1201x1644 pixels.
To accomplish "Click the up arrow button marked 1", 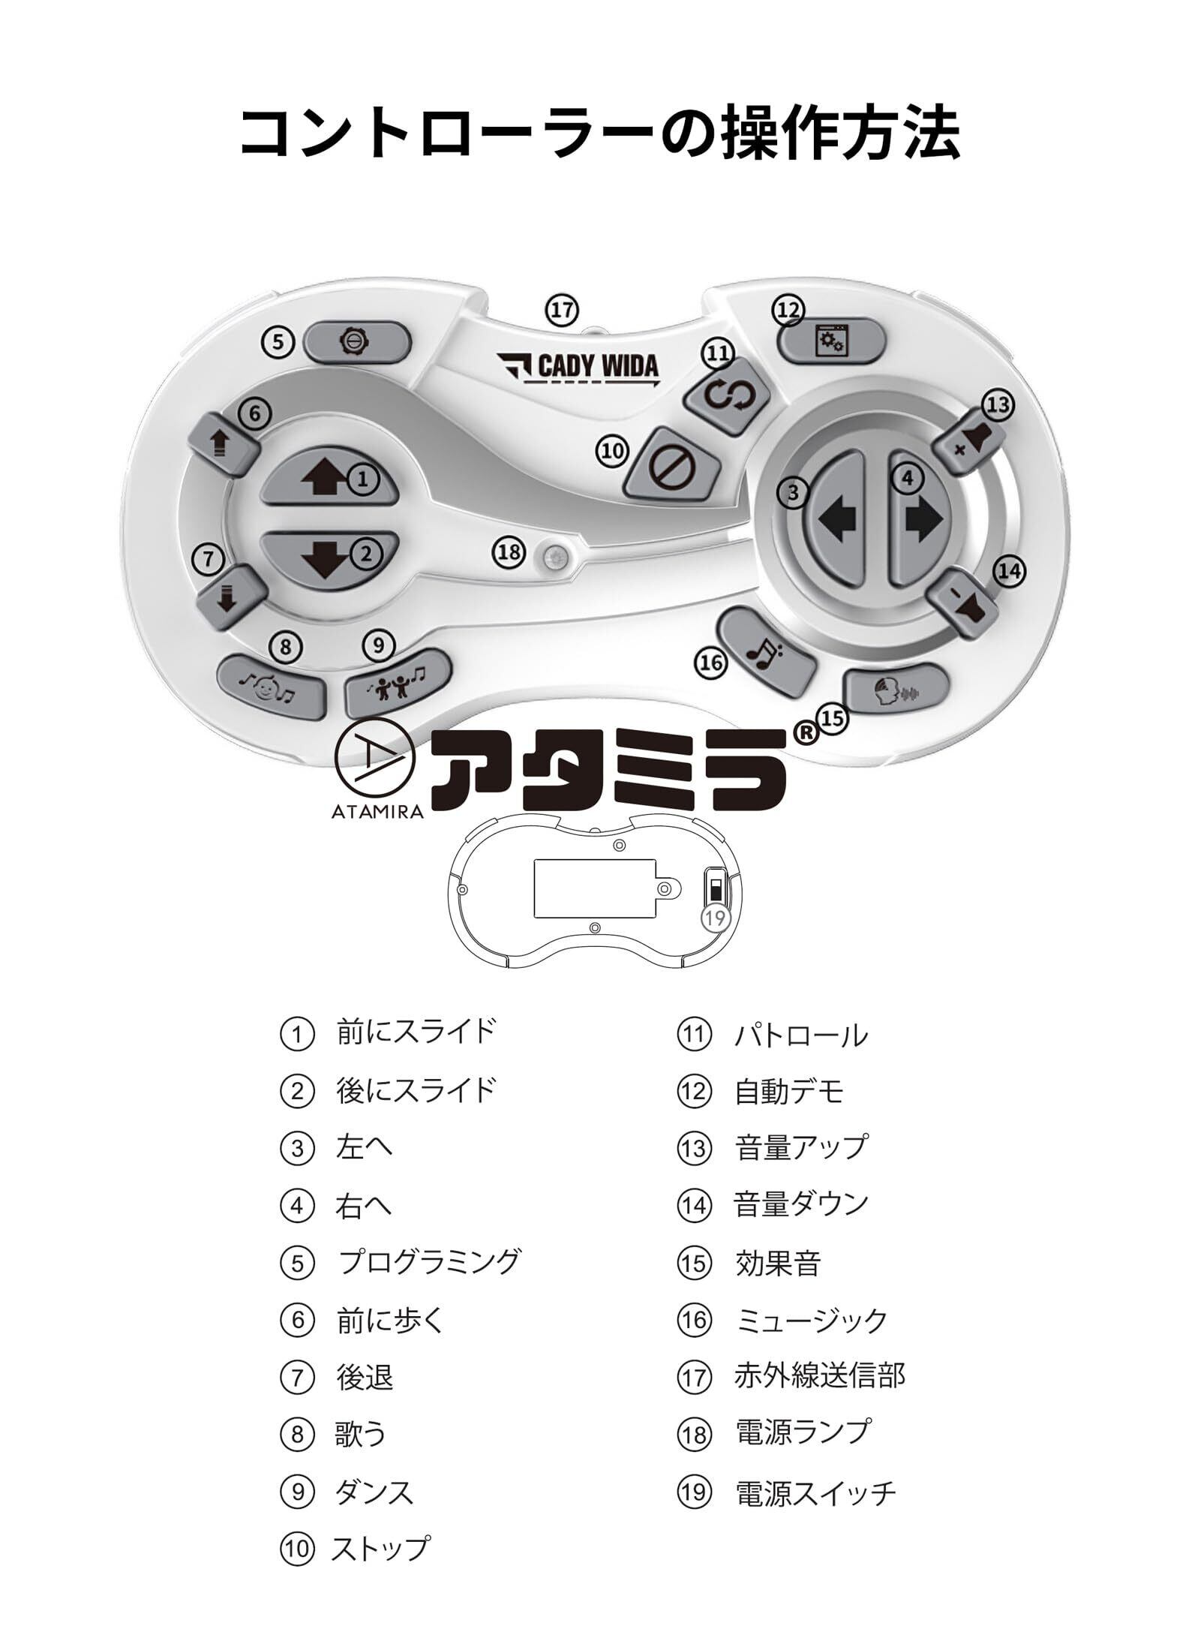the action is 327,478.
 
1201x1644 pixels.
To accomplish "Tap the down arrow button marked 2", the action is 327,556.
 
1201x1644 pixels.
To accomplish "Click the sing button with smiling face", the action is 271,685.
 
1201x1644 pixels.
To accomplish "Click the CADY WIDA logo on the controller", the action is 578,368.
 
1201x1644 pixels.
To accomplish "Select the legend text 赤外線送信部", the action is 819,1375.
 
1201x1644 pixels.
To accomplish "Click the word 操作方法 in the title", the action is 839,133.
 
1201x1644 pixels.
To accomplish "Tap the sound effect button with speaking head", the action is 897,684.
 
